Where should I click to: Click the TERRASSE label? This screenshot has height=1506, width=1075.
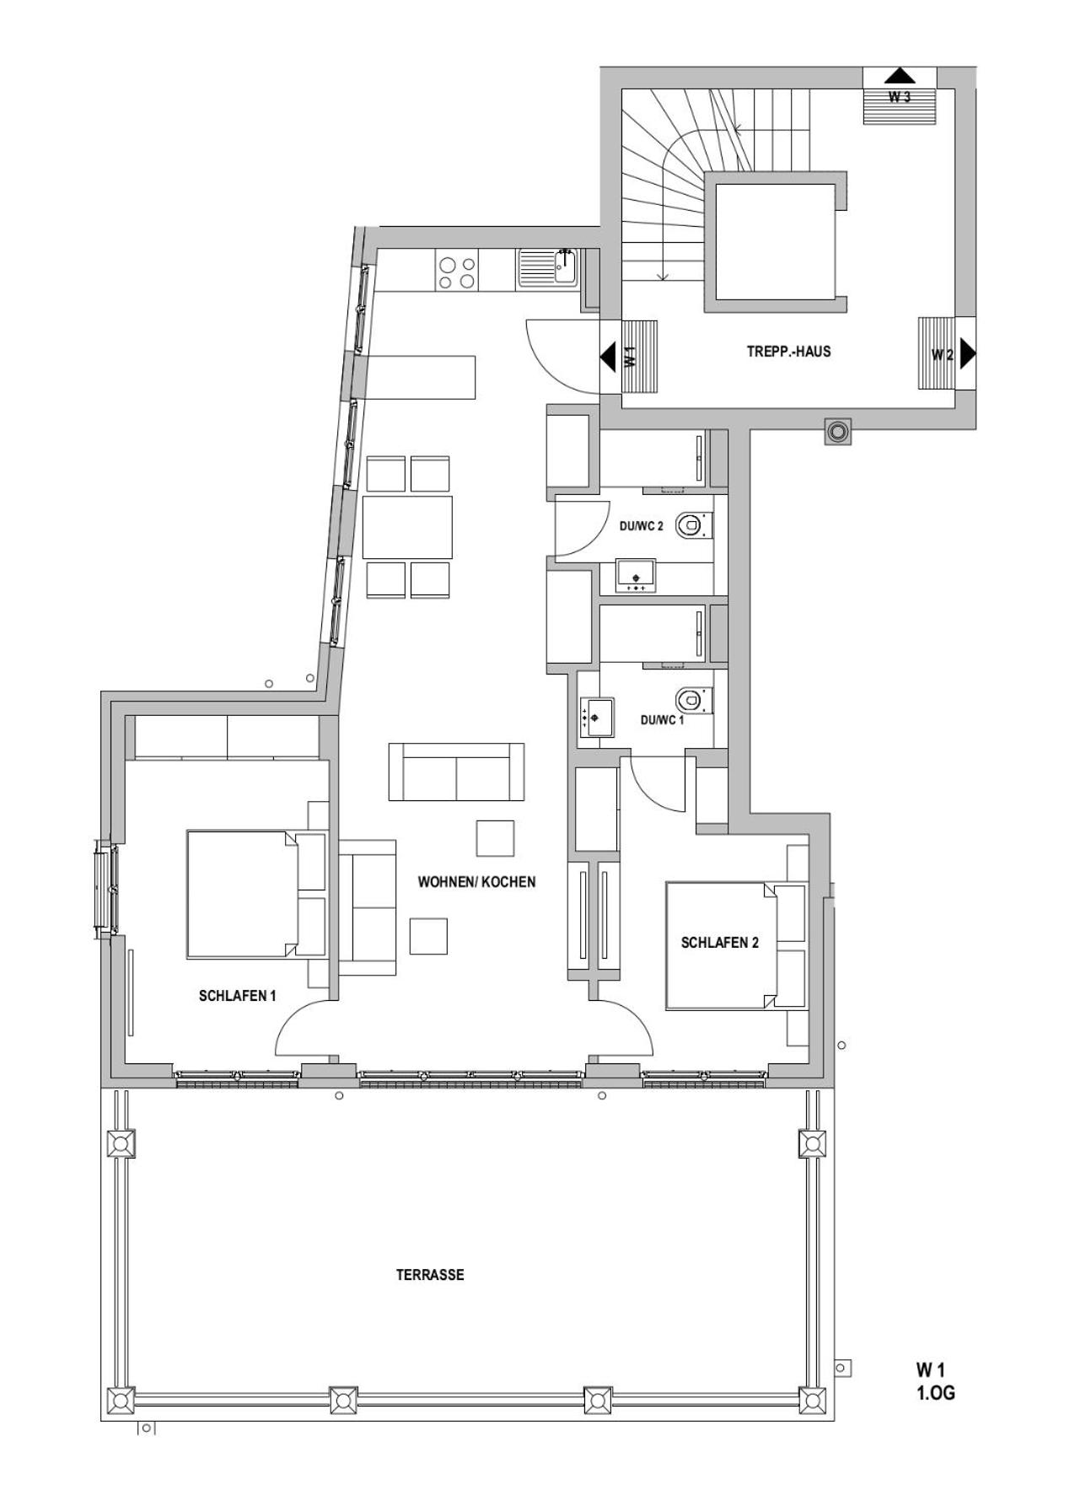(430, 1274)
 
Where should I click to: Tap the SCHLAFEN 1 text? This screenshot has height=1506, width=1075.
(237, 996)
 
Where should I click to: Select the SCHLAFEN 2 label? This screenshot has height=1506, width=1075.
(719, 943)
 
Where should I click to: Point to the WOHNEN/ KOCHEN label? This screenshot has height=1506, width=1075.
(476, 882)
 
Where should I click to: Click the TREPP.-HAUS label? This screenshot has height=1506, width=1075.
(788, 352)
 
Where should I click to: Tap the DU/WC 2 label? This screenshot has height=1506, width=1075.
(642, 526)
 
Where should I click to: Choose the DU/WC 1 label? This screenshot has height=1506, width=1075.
(662, 720)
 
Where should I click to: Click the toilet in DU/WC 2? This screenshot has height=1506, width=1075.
(691, 524)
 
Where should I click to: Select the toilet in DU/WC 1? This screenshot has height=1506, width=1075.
(691, 698)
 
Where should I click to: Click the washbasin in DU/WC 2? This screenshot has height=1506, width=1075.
(637, 576)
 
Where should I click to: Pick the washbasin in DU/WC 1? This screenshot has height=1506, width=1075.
(596, 718)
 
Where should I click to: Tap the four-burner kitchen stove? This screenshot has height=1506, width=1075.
(456, 271)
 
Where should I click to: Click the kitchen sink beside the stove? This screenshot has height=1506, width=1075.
(549, 269)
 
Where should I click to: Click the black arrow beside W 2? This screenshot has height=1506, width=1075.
(967, 353)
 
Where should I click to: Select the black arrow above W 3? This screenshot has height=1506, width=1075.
(900, 75)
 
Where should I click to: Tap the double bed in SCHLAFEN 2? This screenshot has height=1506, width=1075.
(736, 946)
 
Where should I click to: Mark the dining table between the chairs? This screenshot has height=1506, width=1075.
(407, 527)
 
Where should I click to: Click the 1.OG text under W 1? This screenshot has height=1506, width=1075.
(936, 1394)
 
